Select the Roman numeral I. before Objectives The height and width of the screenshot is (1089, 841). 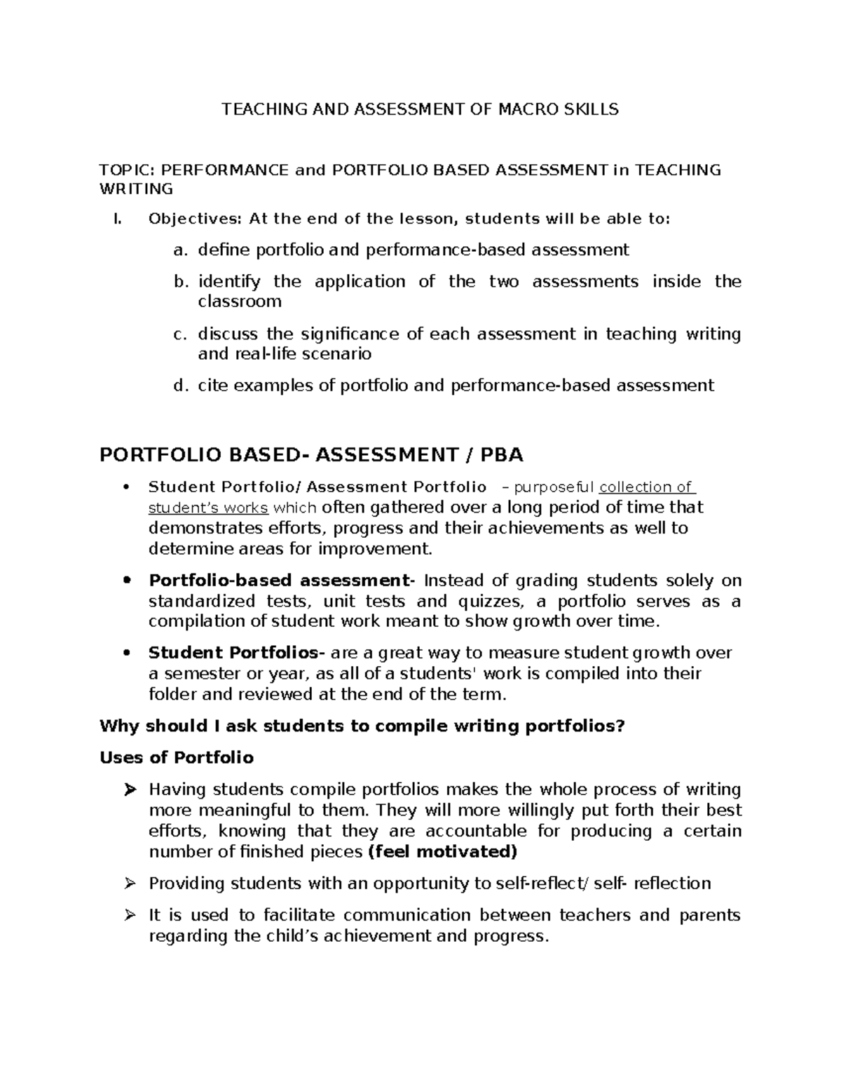(x=117, y=219)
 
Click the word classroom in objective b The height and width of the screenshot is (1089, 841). (x=240, y=302)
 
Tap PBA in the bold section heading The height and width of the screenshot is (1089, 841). (x=501, y=455)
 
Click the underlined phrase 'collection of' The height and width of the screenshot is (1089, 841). (x=645, y=487)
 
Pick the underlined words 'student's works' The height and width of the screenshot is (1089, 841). (x=208, y=508)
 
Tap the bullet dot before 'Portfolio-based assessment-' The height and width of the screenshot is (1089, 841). (x=126, y=581)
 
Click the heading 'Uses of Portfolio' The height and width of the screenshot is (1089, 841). (x=177, y=757)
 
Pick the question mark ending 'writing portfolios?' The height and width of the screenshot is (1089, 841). (x=619, y=726)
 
